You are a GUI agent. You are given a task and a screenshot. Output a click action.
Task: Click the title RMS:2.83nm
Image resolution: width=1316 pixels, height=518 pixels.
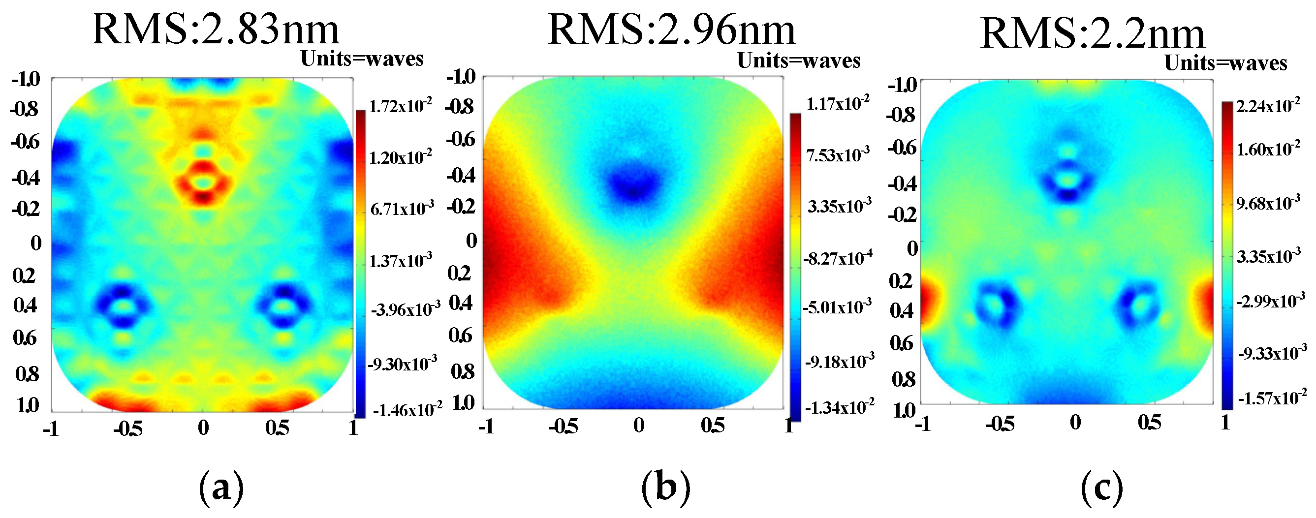coord(215,30)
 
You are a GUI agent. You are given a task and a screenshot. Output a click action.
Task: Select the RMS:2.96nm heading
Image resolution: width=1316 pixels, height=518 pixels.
coord(671,30)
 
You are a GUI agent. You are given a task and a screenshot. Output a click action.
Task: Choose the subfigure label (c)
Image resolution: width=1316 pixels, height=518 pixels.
coord(1102,489)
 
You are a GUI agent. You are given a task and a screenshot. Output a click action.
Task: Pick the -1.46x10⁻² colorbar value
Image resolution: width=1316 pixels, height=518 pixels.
coord(407,410)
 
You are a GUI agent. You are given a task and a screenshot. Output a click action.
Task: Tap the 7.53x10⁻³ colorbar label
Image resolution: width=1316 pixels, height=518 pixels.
coord(838,155)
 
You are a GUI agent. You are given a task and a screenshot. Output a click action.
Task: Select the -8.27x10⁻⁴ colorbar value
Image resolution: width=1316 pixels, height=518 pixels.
coord(838,258)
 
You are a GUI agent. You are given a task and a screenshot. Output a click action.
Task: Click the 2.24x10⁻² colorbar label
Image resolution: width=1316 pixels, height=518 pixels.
coord(1268,107)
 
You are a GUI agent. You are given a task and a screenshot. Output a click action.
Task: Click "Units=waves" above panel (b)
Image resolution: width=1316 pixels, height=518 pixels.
coord(798,61)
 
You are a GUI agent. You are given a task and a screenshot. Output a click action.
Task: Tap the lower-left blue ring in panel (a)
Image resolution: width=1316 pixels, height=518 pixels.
coord(122,306)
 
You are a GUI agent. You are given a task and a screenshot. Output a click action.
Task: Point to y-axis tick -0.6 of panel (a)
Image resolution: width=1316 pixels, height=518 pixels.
coord(25,142)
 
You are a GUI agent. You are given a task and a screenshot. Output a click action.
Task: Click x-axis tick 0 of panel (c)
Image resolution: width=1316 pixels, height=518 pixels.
coord(1075,423)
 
